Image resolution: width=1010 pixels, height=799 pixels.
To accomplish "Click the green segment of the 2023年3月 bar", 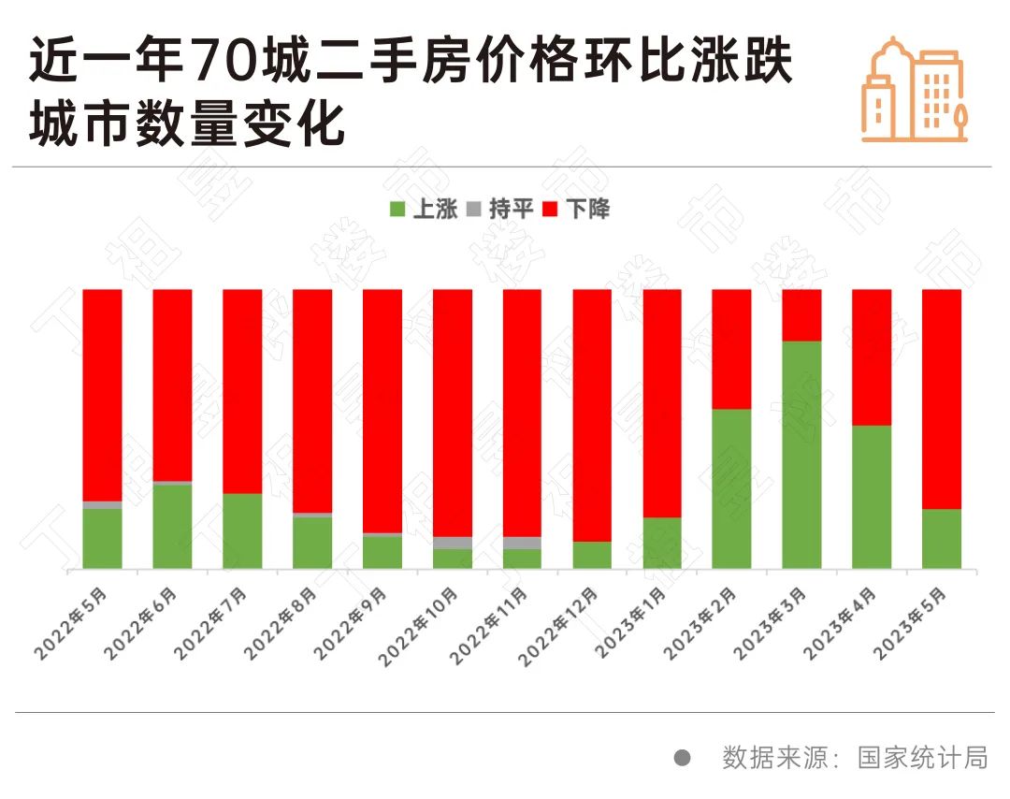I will point(801,455).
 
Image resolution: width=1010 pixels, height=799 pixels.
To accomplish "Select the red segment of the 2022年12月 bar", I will point(592,415).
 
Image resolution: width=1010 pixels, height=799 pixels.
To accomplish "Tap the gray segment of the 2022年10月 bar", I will point(453,543).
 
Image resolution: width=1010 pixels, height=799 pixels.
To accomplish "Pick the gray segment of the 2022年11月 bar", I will point(522,543).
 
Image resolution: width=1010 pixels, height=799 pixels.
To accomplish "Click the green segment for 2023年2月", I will point(731,488).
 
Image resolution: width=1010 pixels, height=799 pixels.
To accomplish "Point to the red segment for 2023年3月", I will point(801,315).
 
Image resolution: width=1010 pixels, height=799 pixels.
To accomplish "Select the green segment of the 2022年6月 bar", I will point(173,526).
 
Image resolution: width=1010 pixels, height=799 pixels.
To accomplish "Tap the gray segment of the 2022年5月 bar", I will point(103,505).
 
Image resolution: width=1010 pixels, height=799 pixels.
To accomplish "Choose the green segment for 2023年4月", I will point(872,497).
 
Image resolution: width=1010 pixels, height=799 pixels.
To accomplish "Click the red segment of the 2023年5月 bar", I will point(942,399).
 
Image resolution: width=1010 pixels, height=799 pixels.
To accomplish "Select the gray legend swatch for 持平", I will point(473,209).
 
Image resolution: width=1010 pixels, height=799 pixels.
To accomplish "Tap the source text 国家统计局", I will point(922,757).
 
